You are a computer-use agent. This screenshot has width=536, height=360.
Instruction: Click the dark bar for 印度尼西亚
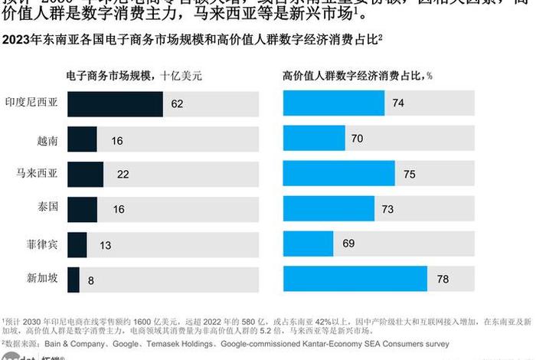coord(115,103)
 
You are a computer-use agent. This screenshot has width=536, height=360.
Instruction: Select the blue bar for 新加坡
coord(355,280)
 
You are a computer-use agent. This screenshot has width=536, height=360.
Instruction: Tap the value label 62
coord(177,103)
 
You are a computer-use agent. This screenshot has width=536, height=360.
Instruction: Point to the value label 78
coord(443,280)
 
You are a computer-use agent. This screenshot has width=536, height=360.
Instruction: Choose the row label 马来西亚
coord(36,174)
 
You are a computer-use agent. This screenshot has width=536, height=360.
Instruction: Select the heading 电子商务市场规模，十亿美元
coord(135,76)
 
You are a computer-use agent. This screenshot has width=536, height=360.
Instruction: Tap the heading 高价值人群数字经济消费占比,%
coord(358,76)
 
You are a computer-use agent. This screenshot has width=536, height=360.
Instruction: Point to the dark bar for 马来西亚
coord(86,174)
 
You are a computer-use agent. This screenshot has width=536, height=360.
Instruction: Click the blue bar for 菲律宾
coord(309,244)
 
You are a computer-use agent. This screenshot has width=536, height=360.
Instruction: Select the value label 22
coord(123,174)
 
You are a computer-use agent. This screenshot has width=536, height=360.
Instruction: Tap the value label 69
coord(348,244)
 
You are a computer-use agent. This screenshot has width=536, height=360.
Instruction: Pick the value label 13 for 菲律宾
coord(105,244)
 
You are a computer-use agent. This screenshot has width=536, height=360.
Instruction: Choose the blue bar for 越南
coord(314,139)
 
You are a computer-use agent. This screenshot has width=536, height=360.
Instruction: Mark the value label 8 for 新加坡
coord(91,280)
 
